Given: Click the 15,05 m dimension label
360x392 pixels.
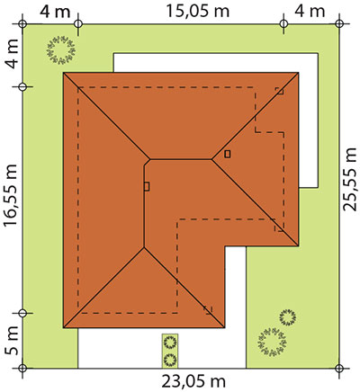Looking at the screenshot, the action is point(197,12).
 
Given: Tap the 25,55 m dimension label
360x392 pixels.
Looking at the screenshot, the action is point(350,180).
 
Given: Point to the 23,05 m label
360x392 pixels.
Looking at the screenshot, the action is point(193,382).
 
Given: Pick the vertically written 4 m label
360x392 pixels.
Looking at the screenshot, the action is point(12,54).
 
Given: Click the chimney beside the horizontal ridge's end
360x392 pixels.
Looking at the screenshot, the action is point(228,154).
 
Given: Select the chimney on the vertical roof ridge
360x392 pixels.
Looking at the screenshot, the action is point(147,186).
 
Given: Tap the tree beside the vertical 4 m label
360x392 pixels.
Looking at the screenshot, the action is point(61,50).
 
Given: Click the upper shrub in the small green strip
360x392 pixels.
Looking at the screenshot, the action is point(170,342).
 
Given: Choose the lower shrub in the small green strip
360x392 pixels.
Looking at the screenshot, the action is point(170,360).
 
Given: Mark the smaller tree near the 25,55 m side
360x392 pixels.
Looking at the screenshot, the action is point(287,317).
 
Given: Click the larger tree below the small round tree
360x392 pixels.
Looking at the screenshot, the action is point(272,342).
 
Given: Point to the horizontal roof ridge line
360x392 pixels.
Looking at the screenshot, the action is point(181,159).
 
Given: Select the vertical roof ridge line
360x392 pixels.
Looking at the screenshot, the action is point(144,205).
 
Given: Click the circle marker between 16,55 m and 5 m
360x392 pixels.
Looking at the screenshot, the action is point(22,313).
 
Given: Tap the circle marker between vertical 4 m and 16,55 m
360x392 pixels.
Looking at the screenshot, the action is point(22,87).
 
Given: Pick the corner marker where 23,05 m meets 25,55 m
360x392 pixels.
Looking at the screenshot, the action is point(339,368).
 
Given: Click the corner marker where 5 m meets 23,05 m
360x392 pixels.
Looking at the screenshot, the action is point(22,368).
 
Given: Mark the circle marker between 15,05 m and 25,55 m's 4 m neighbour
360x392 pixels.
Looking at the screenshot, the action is point(283,23).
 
